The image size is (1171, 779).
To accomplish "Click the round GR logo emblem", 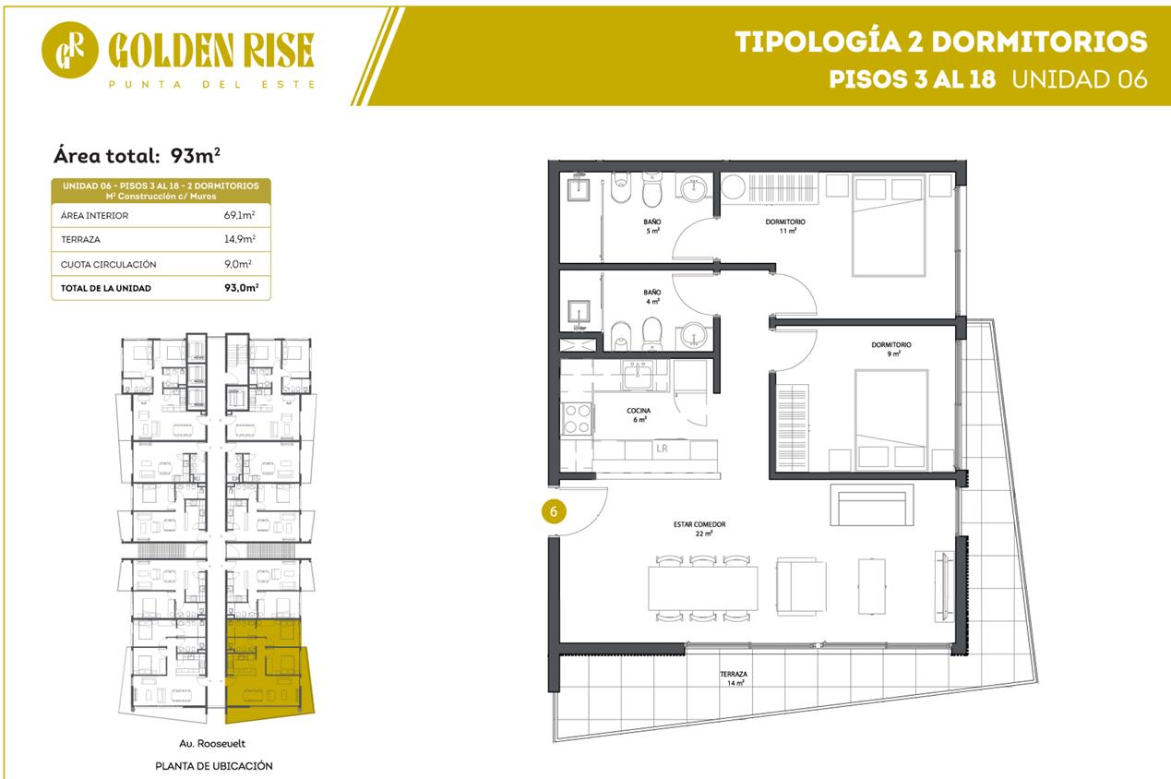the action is (70, 50).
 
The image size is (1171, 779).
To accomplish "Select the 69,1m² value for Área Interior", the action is (239, 215).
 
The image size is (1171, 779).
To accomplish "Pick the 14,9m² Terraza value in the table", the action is (240, 239).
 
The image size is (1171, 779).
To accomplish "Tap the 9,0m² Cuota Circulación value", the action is (238, 264).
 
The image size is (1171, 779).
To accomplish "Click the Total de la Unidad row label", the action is (105, 288).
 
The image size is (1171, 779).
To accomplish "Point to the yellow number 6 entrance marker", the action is (554, 511).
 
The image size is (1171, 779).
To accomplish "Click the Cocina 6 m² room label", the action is (639, 415).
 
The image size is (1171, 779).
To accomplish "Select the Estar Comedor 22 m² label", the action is (699, 529).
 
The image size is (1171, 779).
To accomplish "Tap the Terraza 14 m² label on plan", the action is (734, 678).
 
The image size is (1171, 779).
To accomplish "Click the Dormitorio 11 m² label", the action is (785, 226).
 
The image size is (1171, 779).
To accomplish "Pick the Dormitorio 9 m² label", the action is (891, 349).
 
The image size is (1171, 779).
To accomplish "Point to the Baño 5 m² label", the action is (652, 226).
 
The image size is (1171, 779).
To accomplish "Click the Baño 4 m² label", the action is (652, 297).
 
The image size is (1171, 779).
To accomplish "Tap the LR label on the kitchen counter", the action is (662, 449).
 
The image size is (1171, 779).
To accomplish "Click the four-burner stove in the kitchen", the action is (577, 419).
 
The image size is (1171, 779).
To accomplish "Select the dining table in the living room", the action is (702, 588).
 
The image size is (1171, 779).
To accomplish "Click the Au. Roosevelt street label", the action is (211, 743).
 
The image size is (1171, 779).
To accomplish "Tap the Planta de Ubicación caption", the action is (214, 766).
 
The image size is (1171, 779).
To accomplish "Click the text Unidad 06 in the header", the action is (1080, 79).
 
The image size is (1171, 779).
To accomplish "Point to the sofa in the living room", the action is (871, 505).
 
